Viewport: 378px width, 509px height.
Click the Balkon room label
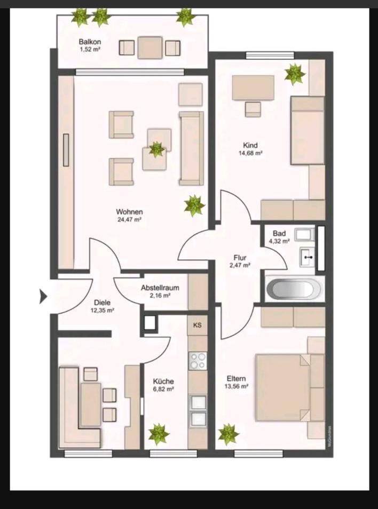[x=90, y=42]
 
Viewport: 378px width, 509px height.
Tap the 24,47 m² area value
[x=129, y=219]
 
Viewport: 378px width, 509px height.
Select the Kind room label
[x=250, y=145]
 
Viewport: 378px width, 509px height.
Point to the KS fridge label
[x=197, y=325]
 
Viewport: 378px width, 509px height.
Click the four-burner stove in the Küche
[x=198, y=361]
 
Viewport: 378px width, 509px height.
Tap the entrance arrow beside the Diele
[x=43, y=296]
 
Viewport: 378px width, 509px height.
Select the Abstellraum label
[x=160, y=288]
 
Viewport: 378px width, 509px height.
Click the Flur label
[x=240, y=258]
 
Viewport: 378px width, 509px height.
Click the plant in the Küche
[x=159, y=434]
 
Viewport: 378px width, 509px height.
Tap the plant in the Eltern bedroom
[x=229, y=434]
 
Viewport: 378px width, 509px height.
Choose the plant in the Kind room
[x=295, y=74]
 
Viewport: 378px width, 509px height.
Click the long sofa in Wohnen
[x=192, y=148]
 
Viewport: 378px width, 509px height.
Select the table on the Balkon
[x=149, y=47]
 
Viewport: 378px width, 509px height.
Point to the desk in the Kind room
[x=253, y=88]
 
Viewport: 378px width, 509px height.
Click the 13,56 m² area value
[x=236, y=386]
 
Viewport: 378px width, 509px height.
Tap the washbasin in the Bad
[x=307, y=257]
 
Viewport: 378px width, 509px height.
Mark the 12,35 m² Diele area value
[x=103, y=310]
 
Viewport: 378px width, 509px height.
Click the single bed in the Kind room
[x=308, y=130]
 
